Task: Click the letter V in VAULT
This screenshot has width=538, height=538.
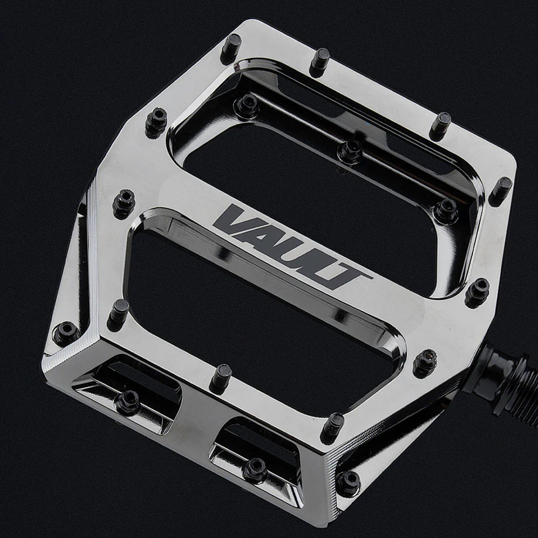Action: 235,222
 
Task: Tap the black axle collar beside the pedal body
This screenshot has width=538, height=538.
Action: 490,369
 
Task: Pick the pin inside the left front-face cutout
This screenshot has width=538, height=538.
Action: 128,402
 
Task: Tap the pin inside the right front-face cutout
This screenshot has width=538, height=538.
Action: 254,469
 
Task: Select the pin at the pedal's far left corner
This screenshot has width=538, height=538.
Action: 65,332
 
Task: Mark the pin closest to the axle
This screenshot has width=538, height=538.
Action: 424,362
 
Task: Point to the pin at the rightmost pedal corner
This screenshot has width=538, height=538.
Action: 501,189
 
